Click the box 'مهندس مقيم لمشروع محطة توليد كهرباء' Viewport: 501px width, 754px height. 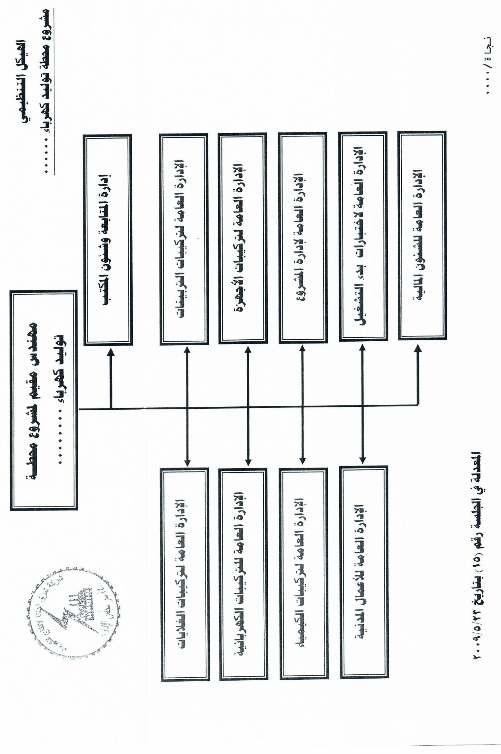(44, 399)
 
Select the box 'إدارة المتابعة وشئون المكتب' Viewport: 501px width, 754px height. (108, 240)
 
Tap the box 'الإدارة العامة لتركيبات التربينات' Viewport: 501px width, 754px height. (184, 239)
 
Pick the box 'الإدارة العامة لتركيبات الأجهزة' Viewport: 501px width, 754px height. (243, 239)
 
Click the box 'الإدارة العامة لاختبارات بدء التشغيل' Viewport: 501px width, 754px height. (363, 237)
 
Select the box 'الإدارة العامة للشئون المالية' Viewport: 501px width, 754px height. (422, 235)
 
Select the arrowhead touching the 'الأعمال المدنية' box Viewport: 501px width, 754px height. (362, 461)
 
